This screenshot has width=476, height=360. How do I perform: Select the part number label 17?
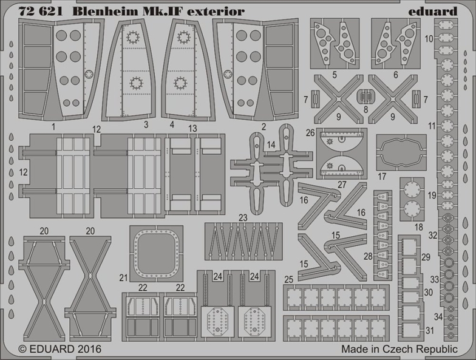coord(382,176)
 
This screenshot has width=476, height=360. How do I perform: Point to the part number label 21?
coord(123,277)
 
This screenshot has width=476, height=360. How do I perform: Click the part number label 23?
coord(243,217)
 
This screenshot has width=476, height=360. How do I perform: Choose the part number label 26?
coord(310,133)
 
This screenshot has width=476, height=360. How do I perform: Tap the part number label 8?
coord(365,109)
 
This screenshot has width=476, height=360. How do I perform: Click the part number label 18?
coord(419,227)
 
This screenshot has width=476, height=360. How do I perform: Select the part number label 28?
coord(368,256)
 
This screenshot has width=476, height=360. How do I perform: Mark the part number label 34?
coord(438,317)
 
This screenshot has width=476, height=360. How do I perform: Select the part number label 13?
coord(192,129)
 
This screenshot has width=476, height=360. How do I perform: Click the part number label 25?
coord(289,279)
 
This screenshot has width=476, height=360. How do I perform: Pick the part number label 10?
coord(429,39)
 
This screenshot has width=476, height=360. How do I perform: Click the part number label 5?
coord(335,75)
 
